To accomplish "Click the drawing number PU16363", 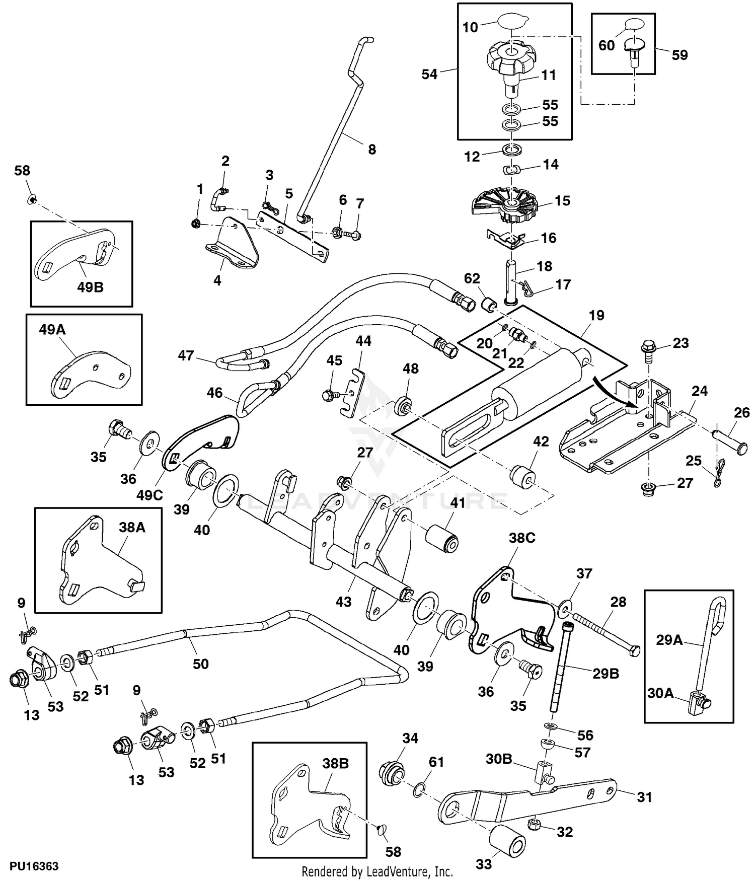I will (34, 866).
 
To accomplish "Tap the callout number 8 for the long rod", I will (372, 150).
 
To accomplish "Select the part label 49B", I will (90, 287).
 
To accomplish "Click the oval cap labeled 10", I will (511, 22).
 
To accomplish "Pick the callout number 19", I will (596, 316).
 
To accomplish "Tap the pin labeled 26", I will (728, 439).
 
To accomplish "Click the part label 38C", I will (522, 538).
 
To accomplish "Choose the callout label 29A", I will (669, 640).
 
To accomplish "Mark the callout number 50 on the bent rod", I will (200, 664).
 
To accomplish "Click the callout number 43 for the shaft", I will (343, 601).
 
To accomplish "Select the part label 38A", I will (132, 527).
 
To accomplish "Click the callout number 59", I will (679, 55).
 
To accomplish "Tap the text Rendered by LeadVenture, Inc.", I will (377, 871).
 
